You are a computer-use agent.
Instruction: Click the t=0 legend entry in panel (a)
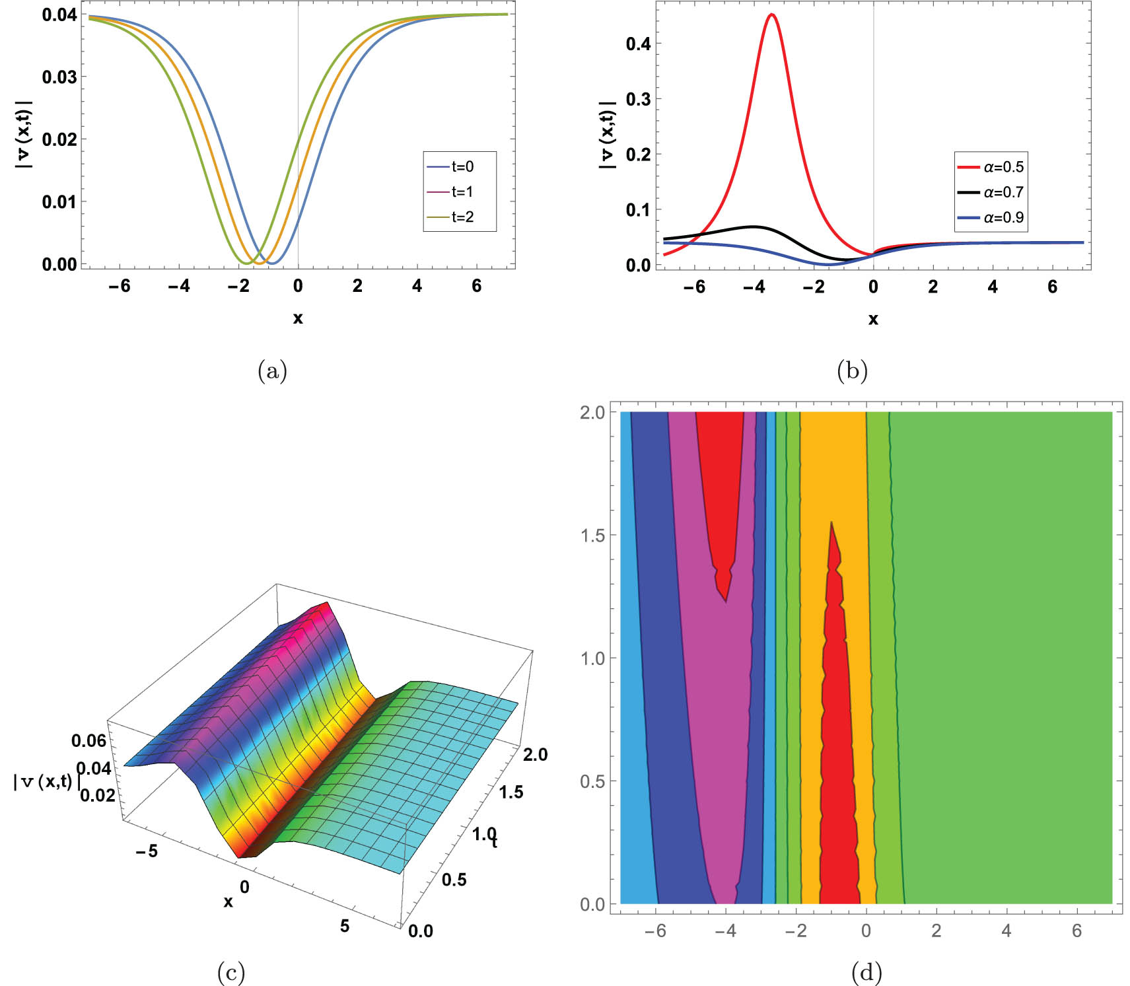click(x=460, y=166)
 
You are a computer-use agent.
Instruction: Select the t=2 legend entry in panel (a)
click(x=460, y=217)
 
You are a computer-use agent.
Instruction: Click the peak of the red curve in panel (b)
click(x=771, y=15)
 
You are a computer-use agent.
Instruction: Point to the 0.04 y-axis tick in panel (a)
click(x=59, y=15)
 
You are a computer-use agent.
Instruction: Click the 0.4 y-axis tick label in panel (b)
click(x=638, y=44)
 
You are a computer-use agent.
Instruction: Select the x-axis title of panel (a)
click(x=298, y=318)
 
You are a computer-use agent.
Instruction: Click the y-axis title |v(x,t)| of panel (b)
click(x=607, y=135)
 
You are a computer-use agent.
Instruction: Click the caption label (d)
click(x=866, y=971)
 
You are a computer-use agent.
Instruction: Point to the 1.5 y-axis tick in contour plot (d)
click(x=592, y=535)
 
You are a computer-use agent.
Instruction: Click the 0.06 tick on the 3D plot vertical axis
click(x=88, y=740)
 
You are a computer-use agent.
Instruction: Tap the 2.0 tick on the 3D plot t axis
click(x=535, y=754)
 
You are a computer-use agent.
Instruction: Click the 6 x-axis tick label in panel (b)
click(x=1052, y=287)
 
